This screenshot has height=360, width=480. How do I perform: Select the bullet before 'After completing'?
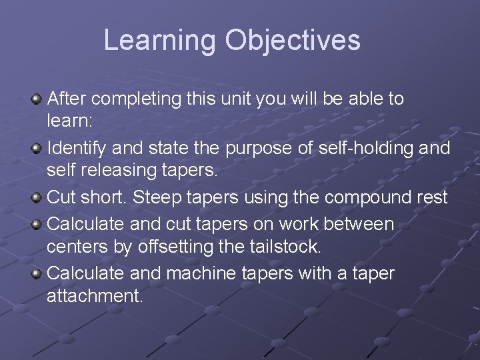point(37,99)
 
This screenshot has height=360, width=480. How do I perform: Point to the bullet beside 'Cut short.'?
point(37,198)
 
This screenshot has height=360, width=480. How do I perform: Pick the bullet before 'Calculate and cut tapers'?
point(37,223)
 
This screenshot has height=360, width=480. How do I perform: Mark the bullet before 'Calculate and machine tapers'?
point(37,273)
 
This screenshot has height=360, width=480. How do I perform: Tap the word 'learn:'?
point(69,122)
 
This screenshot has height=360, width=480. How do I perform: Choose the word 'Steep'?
point(163,198)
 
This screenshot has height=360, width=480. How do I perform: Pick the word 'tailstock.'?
point(285,247)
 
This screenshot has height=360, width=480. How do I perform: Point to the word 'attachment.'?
point(95,296)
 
